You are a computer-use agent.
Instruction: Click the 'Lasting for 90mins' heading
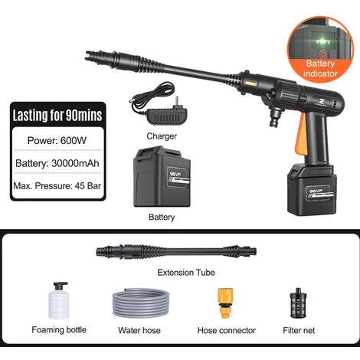(x=57, y=116)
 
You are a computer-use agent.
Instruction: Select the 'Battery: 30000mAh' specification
(x=57, y=163)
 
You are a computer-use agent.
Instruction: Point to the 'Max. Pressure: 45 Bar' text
(x=57, y=186)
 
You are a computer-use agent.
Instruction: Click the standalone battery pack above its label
(x=161, y=178)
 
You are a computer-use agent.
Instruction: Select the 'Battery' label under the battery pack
(x=162, y=217)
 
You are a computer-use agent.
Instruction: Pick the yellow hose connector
(x=225, y=303)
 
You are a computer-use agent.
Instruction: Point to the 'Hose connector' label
(x=225, y=330)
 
